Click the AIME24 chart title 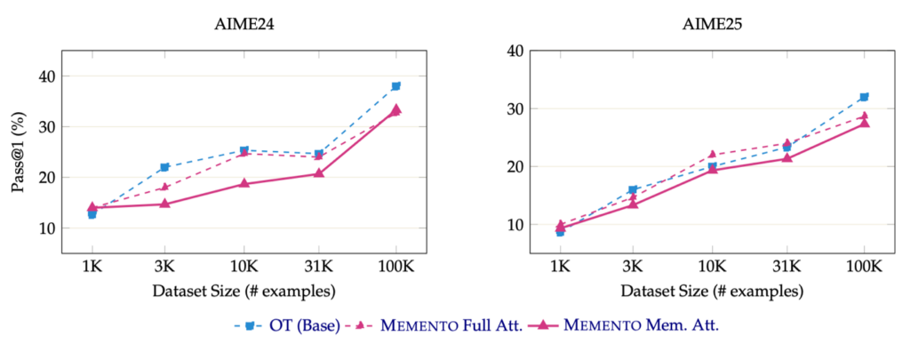tap(243, 26)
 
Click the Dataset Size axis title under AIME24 tap(243, 292)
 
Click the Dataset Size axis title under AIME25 tap(712, 292)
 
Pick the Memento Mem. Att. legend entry tap(633, 325)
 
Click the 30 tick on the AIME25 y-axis tap(513, 108)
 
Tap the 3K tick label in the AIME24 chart tap(164, 266)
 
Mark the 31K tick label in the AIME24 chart tap(318, 266)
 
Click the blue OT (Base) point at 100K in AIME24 tap(395, 86)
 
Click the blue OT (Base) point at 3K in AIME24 tap(164, 167)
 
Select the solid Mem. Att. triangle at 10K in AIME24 tap(242, 183)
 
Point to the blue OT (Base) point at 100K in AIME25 tap(863, 97)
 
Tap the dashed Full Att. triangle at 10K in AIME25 tap(711, 154)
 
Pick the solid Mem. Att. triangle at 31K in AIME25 tap(787, 157)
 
